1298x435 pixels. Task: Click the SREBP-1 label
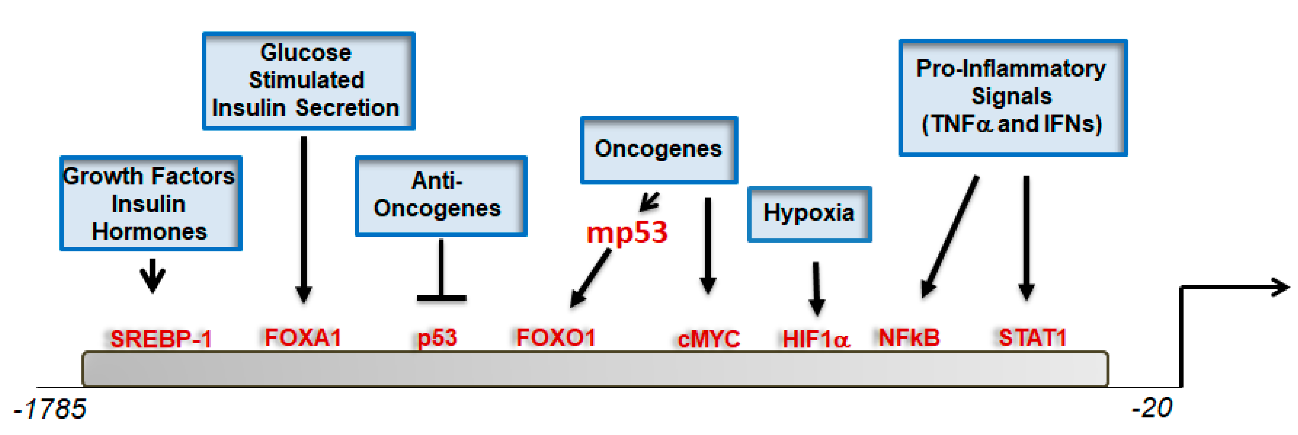point(161,339)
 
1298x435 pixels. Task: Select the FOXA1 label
point(303,337)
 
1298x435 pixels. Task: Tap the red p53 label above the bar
point(437,338)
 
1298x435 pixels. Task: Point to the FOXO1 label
point(556,337)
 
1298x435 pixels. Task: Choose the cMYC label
point(708,339)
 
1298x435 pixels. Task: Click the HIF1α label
point(816,339)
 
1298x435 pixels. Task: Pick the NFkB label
point(909,337)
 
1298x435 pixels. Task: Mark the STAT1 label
point(1033,337)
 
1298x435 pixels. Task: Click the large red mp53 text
point(627,233)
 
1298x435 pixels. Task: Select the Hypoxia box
point(809,213)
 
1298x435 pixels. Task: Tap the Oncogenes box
point(659,150)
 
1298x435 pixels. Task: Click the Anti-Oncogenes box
point(440,195)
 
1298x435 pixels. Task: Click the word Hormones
point(149,232)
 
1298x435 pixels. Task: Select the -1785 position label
point(50,409)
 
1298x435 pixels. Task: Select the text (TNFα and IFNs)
point(1012,124)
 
